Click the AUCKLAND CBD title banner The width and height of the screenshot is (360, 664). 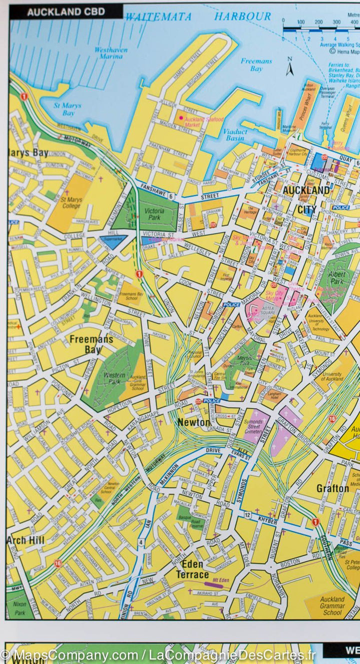[65, 12]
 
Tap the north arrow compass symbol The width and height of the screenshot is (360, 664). [289, 66]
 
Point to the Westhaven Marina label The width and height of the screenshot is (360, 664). [108, 53]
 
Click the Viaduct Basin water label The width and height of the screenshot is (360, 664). [235, 134]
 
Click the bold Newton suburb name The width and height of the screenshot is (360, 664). [194, 422]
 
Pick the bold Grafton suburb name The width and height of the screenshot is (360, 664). [332, 488]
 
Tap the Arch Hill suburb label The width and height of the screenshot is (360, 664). [25, 540]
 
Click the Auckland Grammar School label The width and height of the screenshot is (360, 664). [332, 605]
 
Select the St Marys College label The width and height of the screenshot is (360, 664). [71, 202]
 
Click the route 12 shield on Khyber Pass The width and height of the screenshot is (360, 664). [247, 515]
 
